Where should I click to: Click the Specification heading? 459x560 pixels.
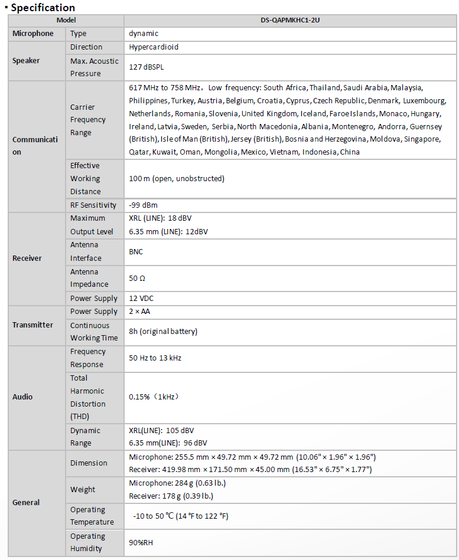[x=43, y=8]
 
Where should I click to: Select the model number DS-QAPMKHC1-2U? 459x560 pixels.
[x=290, y=20]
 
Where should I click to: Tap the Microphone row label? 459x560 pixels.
[x=33, y=34]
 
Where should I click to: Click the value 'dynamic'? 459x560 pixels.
[x=144, y=34]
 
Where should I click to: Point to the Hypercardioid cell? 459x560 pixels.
[x=154, y=47]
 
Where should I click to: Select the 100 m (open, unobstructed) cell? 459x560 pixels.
[x=177, y=178]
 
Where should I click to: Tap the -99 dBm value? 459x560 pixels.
[x=143, y=205]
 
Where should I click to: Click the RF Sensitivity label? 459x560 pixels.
[x=93, y=205]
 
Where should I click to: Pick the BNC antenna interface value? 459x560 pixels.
[x=136, y=251]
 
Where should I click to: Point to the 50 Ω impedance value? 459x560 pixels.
[x=137, y=278]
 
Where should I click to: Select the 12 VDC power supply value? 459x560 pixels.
[x=142, y=298]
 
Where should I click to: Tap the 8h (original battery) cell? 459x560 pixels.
[x=163, y=332]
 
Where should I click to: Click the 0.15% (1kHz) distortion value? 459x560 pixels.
[x=154, y=397]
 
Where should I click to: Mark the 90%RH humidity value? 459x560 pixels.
[x=141, y=542]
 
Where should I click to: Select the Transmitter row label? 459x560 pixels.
[x=32, y=325]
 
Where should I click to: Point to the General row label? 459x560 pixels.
[x=26, y=503]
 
